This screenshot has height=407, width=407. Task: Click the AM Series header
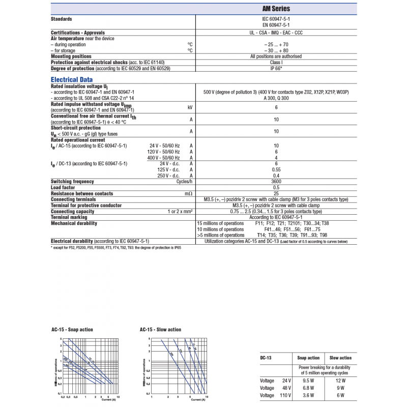click(x=276, y=9)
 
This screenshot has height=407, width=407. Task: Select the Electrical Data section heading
click(x=72, y=79)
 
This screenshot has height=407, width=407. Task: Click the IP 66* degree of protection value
click(x=276, y=68)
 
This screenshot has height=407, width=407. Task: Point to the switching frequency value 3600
click(x=276, y=182)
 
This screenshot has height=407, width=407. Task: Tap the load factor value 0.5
click(x=276, y=188)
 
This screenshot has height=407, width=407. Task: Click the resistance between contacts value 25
click(x=276, y=193)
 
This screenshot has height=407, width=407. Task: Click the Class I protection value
click(x=276, y=62)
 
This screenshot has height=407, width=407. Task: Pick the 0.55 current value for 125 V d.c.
click(x=276, y=169)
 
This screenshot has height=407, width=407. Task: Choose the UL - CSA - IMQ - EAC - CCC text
click(x=276, y=33)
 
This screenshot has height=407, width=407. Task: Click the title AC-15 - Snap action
click(x=72, y=330)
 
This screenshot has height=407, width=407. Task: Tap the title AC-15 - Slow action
click(x=160, y=330)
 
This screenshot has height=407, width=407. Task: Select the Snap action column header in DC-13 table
click(x=308, y=358)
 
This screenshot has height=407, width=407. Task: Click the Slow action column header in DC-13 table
click(x=340, y=358)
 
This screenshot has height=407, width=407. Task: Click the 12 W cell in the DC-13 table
click(x=340, y=381)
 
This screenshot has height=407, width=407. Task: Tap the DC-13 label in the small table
click(x=266, y=358)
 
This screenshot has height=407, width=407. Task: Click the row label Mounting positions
click(x=71, y=56)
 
